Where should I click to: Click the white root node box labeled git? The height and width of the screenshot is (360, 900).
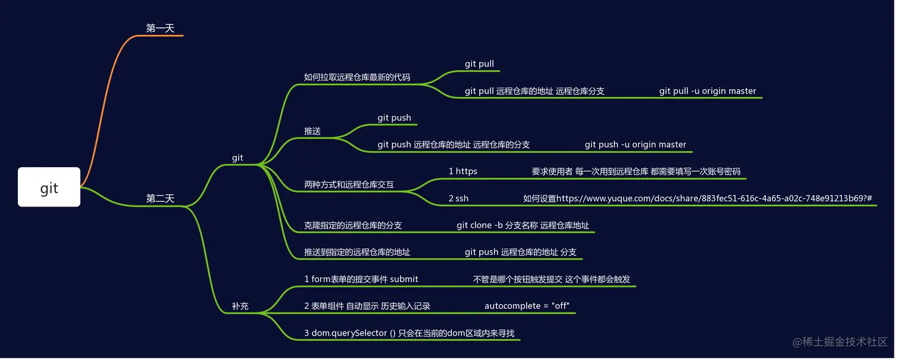[x=49, y=187]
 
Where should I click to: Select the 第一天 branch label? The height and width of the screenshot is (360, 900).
[x=160, y=28]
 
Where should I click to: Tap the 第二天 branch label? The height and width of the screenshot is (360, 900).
[x=160, y=199]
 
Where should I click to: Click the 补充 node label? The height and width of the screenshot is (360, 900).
[x=240, y=306]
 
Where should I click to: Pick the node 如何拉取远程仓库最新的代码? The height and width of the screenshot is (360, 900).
[x=357, y=77]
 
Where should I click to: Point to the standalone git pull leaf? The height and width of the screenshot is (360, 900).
[x=479, y=64]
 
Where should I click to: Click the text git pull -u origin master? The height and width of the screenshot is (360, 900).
[x=707, y=91]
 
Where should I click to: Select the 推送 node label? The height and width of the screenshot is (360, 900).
[x=312, y=131]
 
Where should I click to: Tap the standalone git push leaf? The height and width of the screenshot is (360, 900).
[x=394, y=118]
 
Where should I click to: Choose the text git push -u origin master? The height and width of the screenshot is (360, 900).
[x=635, y=145]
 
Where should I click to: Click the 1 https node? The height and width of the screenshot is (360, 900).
[x=462, y=171]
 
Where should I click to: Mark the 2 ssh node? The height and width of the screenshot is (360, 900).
[x=458, y=198]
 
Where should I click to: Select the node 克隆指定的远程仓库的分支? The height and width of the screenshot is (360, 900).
[x=352, y=226]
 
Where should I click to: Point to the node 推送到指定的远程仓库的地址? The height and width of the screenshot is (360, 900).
[x=357, y=252]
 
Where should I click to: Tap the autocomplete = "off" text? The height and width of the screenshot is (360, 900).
[x=527, y=306]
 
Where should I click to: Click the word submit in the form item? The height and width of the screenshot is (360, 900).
[x=404, y=279]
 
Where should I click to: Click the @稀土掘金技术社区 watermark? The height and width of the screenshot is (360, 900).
[x=839, y=342]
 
